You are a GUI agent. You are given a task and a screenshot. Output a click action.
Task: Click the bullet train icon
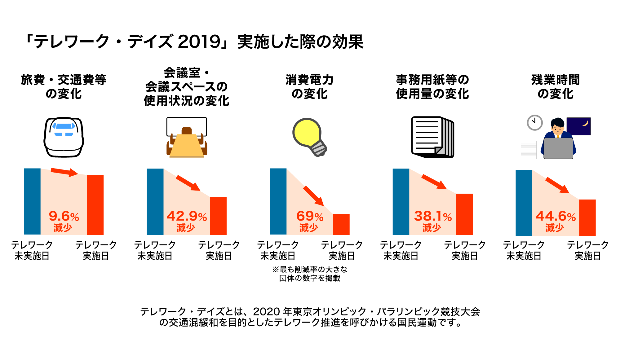(64, 137)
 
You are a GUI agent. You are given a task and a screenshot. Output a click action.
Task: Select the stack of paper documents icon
(432, 137)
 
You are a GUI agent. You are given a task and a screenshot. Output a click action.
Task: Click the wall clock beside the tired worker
(534, 122)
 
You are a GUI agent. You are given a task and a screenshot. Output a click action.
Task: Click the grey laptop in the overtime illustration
(558, 148)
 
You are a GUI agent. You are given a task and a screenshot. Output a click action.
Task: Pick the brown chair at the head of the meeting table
(187, 130)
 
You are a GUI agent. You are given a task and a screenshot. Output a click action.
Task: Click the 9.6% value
(64, 216)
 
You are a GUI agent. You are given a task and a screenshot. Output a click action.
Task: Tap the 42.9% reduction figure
(187, 216)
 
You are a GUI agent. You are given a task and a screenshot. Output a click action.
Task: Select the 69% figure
(310, 216)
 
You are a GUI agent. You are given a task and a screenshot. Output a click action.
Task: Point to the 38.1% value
(433, 216)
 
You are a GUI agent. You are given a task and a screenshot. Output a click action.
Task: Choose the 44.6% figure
(556, 216)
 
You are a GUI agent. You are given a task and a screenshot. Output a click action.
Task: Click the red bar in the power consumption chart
(341, 224)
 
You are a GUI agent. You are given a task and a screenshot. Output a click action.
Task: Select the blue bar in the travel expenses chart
(32, 201)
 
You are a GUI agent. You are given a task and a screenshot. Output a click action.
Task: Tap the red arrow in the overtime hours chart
(557, 185)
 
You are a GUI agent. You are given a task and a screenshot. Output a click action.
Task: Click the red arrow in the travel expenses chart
(64, 172)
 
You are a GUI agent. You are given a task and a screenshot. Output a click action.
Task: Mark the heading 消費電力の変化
(309, 87)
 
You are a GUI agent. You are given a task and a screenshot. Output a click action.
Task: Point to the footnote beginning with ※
(310, 274)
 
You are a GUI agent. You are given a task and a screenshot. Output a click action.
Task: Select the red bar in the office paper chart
(464, 214)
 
